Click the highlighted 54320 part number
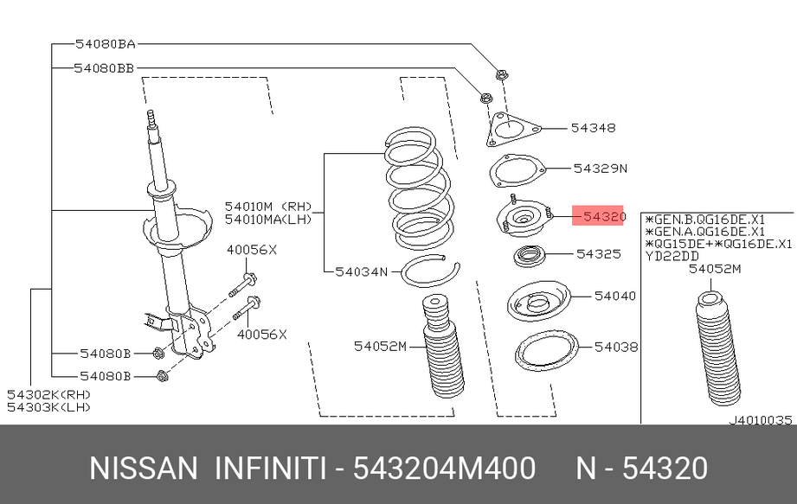pos(604,216)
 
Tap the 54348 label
pos(593,128)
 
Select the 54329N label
pos(601,168)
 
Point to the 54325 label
pos(599,253)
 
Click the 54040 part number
pos(615,296)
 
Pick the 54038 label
pos(616,347)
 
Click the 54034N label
pos(362,272)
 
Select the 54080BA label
pos(106,44)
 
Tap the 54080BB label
pos(104,68)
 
